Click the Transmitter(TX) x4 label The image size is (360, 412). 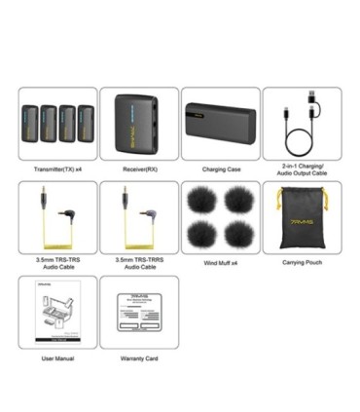tap(57, 169)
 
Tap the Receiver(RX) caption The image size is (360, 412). tap(138, 169)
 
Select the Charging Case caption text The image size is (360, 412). tap(221, 169)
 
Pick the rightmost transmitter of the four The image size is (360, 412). tap(85, 124)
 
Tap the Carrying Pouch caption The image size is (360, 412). tap(302, 262)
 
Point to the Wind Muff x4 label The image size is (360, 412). tap(220, 262)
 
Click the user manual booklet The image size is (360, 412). tap(57, 313)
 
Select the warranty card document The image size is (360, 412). tap(138, 313)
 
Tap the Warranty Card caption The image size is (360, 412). tap(138, 358)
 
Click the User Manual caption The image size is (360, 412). tap(57, 358)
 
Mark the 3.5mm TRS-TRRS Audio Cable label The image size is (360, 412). tap(138, 264)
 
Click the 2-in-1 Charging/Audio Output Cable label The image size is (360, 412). tap(302, 173)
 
